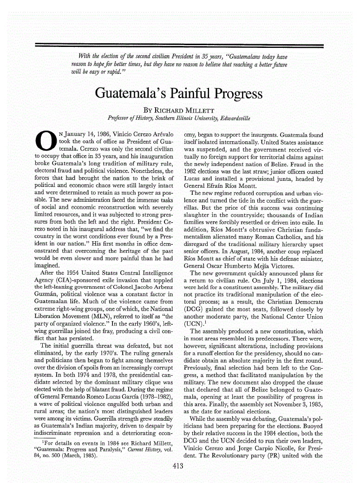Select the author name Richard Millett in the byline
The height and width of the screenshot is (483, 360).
click(183, 112)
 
